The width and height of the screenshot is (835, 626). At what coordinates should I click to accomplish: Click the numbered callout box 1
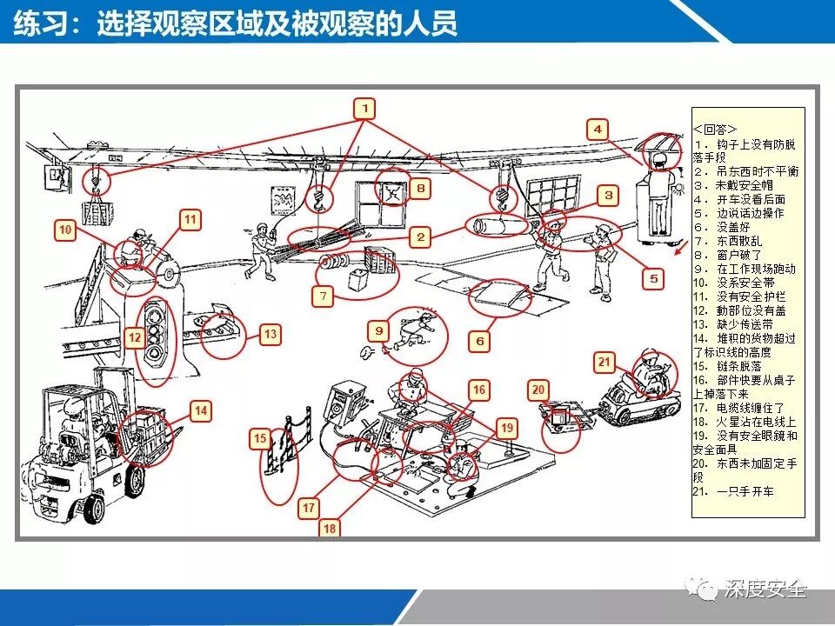(x=366, y=108)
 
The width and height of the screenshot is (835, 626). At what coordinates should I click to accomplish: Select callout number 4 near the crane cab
(x=597, y=130)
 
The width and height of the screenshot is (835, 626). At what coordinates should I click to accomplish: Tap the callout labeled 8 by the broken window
(x=419, y=187)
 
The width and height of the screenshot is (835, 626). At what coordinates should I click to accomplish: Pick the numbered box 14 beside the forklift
(x=201, y=410)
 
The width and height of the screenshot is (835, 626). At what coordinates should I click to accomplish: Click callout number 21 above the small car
(x=605, y=362)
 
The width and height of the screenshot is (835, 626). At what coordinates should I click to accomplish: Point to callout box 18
(x=330, y=527)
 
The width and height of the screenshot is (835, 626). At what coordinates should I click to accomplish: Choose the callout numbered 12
(x=133, y=337)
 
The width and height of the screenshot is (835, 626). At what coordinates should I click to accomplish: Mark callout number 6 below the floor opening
(x=479, y=342)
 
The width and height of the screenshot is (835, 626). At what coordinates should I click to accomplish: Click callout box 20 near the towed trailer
(x=538, y=390)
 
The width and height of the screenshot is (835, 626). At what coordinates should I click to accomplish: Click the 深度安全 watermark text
(x=765, y=590)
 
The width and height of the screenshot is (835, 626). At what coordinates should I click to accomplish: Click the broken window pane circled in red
(x=392, y=192)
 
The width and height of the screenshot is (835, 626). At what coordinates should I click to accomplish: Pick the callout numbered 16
(x=478, y=389)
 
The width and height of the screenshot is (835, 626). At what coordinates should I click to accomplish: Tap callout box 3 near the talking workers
(x=609, y=196)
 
